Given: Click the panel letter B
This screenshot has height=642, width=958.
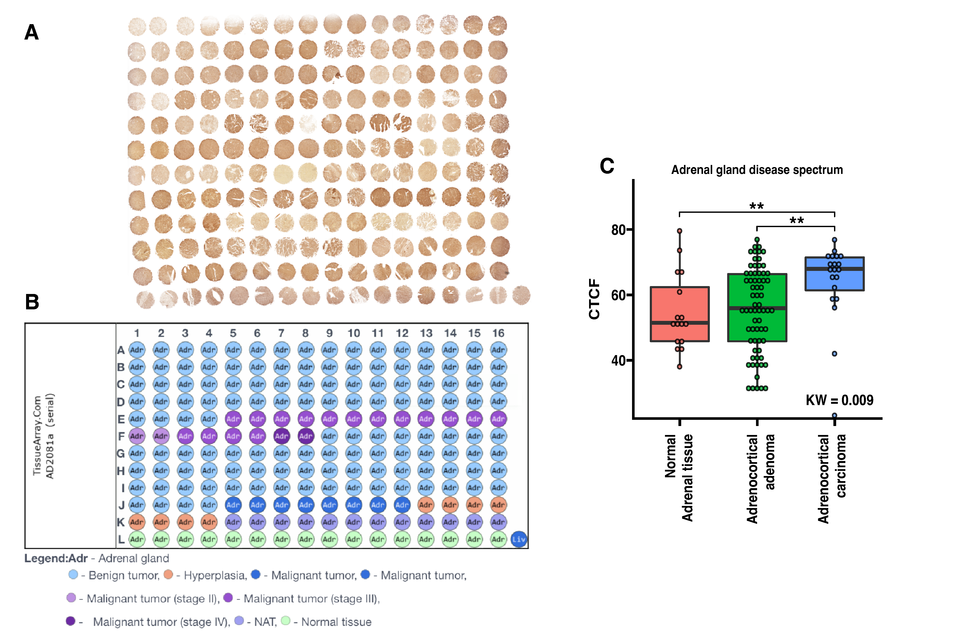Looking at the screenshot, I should click(x=32, y=302).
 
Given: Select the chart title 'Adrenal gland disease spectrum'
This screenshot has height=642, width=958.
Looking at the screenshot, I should click(x=756, y=170).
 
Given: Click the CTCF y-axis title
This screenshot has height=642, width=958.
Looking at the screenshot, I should click(x=594, y=299).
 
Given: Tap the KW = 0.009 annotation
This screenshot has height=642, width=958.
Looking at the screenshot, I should click(x=839, y=400).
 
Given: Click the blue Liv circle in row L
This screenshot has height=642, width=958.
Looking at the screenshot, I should click(x=519, y=539).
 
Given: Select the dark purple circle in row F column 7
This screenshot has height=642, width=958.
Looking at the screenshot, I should click(x=281, y=436).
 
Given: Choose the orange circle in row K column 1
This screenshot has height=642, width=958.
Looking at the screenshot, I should click(x=137, y=522).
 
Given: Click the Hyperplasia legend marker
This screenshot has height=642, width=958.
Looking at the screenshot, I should click(x=168, y=575).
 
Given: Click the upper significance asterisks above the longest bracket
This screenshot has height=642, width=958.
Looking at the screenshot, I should click(x=756, y=206).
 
